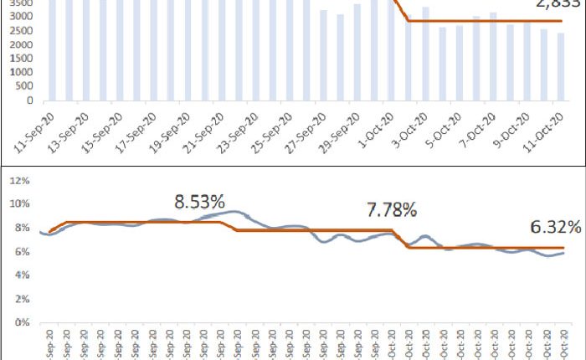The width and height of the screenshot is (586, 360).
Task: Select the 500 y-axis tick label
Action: [27, 88]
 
